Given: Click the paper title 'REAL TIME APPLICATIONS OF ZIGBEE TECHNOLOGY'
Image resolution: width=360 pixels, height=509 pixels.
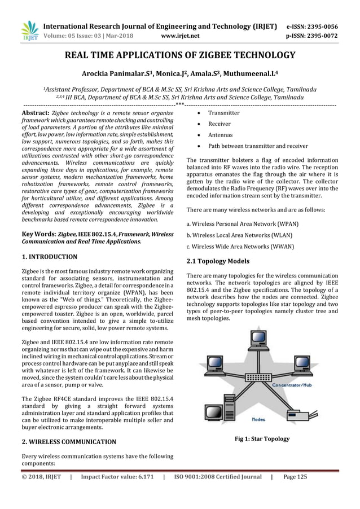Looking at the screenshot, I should (x=180, y=55).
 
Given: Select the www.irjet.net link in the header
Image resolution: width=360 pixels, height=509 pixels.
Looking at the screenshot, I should (x=180, y=35).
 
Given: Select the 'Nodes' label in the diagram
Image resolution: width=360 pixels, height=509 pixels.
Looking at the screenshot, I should (x=258, y=419).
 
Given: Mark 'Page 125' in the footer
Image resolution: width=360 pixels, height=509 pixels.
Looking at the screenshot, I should (x=295, y=477).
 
